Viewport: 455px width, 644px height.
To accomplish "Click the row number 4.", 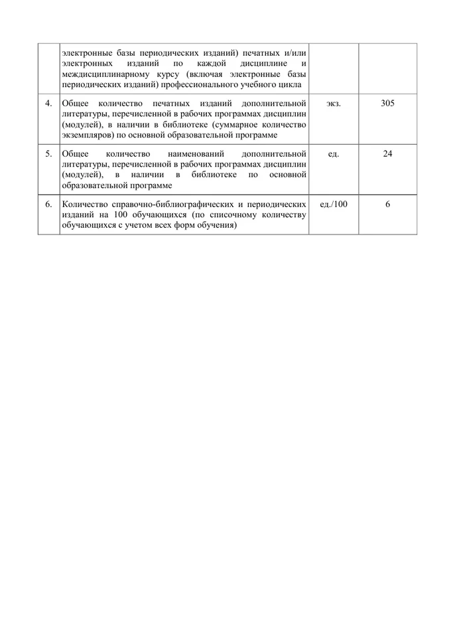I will click(x=48, y=104).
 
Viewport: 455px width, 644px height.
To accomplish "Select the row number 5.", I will click(x=48, y=154).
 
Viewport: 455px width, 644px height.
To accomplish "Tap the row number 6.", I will click(x=48, y=204).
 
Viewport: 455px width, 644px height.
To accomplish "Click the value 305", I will click(x=388, y=104).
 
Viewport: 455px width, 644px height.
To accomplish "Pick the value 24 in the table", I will click(x=388, y=154).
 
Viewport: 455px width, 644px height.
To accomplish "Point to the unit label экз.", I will click(x=334, y=104).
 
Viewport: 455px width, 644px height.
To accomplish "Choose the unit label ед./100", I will click(x=334, y=204).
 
